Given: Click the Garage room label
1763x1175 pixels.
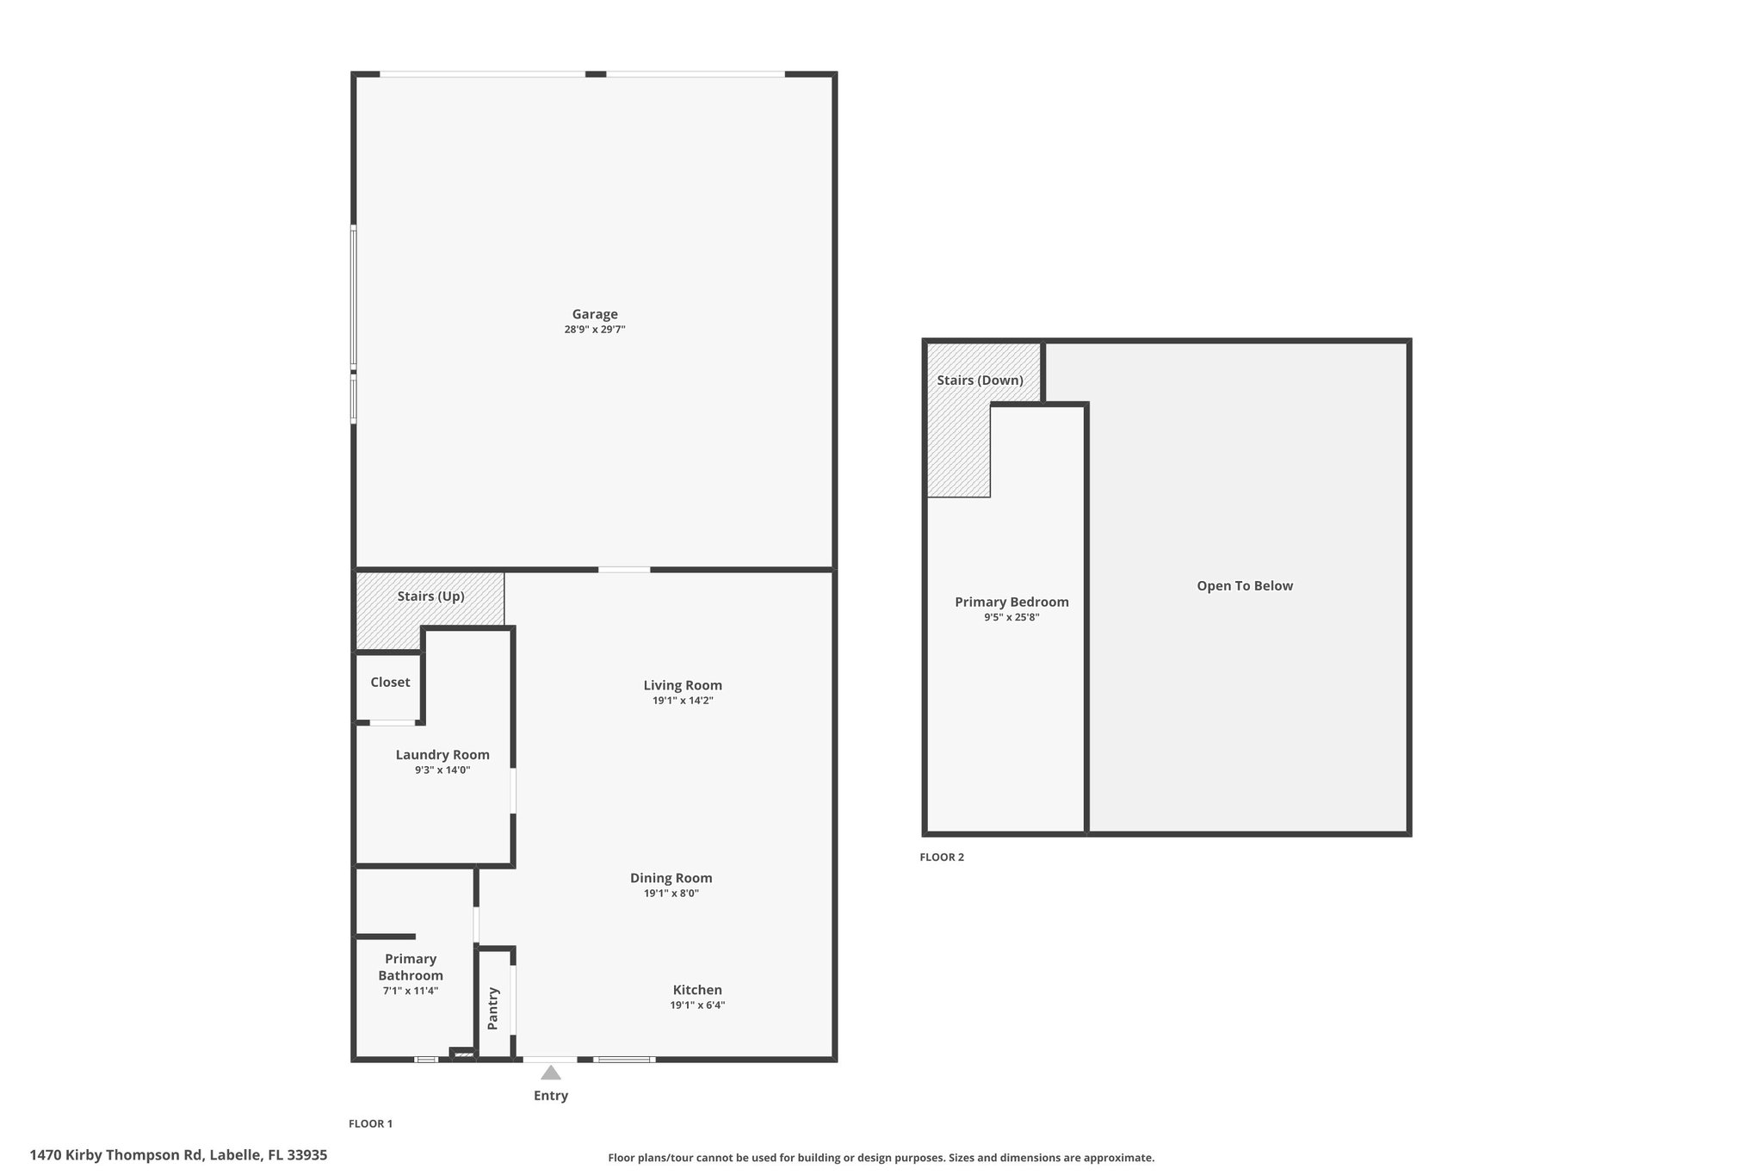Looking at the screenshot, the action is click(595, 314).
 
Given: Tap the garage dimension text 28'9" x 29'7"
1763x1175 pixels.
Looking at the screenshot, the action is click(595, 330).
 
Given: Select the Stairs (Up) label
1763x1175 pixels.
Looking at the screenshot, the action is click(430, 597).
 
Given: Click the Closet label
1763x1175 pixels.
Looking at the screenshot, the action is click(390, 682).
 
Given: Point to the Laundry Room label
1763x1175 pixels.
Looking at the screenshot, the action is click(442, 755).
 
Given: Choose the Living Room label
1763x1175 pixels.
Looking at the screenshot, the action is click(683, 685).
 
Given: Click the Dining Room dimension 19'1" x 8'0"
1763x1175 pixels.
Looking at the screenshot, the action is click(671, 894).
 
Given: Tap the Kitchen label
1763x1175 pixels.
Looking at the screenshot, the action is click(697, 990).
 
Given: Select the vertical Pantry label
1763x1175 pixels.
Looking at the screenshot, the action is click(493, 1008).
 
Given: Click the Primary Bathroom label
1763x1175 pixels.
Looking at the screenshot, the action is click(411, 967).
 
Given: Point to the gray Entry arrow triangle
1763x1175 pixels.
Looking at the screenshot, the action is click(551, 1073).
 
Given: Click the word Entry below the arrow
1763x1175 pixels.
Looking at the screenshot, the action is click(551, 1096).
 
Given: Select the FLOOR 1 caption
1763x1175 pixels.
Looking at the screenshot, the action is click(370, 1123).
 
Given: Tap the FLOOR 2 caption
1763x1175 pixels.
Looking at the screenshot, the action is click(942, 857).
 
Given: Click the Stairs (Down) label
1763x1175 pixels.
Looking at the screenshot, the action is click(980, 380).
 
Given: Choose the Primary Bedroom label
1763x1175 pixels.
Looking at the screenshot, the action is click(1012, 602).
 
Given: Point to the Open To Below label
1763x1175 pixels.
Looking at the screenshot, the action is click(1245, 586).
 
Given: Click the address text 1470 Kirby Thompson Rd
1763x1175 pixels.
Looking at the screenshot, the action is click(116, 1155).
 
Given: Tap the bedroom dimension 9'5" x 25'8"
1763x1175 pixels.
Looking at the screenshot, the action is click(1012, 617).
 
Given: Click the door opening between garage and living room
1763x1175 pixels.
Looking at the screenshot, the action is click(624, 569).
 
